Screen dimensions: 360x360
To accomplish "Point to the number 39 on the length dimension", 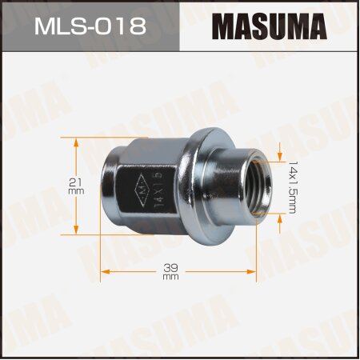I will pos(170,269).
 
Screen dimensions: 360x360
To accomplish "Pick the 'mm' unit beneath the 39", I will pos(170,278).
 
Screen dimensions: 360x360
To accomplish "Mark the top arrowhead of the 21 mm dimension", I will pos(76,142).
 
